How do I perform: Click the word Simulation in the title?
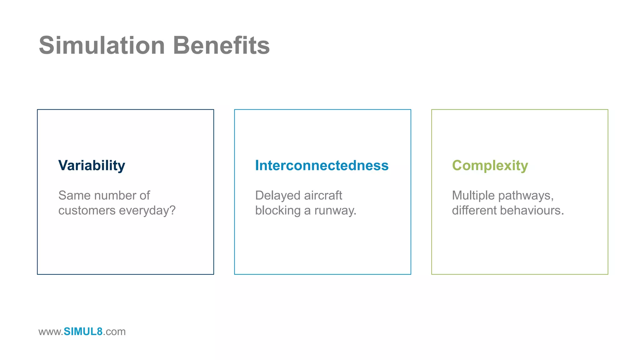tap(102, 46)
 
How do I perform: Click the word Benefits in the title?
tap(221, 46)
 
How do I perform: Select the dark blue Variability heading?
tap(92, 166)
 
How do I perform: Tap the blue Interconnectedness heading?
tap(322, 166)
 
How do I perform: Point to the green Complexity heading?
tap(490, 166)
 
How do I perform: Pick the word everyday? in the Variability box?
tap(147, 211)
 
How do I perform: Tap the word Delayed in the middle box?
tap(277, 196)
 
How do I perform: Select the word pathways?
tap(526, 196)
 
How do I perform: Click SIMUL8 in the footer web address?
tap(83, 332)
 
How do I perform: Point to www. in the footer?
tap(51, 332)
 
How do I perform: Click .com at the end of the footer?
tap(114, 332)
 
